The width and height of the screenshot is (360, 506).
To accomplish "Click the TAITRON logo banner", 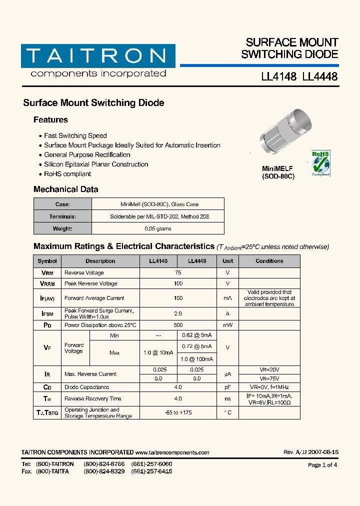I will click(x=98, y=56).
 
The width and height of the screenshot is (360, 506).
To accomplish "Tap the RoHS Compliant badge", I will click(x=320, y=162).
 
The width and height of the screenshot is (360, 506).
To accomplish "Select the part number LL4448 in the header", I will click(x=320, y=77).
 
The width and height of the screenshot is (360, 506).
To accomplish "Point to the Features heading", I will click(x=50, y=120).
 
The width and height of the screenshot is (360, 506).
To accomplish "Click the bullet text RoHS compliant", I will click(x=67, y=174).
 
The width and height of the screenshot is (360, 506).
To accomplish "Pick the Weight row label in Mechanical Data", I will click(x=62, y=228).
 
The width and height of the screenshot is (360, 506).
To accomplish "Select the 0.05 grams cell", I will click(x=158, y=228).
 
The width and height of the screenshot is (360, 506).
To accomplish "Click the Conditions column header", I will click(x=269, y=261).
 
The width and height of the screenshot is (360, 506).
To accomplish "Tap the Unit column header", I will click(x=227, y=261).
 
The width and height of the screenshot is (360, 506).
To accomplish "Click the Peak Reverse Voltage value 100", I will click(x=178, y=283).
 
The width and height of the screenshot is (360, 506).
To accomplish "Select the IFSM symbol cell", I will click(x=47, y=313).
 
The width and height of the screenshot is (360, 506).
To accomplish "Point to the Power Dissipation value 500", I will click(x=178, y=325).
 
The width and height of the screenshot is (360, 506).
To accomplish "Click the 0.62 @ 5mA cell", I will click(x=197, y=335).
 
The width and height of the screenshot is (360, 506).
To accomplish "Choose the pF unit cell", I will click(x=227, y=387).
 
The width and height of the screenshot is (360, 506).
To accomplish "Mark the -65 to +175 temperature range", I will click(x=178, y=412).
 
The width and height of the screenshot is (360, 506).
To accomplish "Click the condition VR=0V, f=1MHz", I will click(x=269, y=387).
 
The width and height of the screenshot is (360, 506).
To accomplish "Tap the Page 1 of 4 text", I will click(x=322, y=465).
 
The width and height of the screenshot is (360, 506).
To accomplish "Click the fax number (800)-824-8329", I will click(x=104, y=471).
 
